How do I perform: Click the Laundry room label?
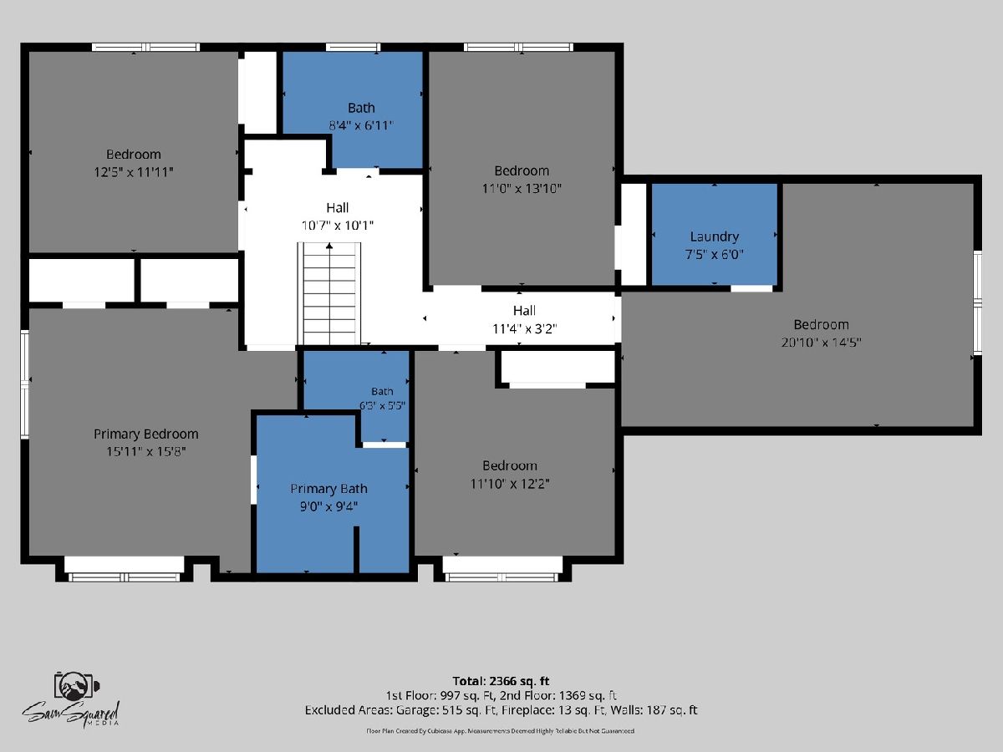(714, 236)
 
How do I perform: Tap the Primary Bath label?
(328, 489)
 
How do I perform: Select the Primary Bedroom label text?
(145, 434)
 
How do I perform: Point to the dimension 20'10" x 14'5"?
(821, 342)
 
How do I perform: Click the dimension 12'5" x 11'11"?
(134, 172)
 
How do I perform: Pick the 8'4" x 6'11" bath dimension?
(361, 125)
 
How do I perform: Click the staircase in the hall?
(329, 293)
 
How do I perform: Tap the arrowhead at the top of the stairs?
(329, 246)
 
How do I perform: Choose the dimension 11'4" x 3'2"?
(524, 328)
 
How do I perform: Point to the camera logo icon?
(76, 685)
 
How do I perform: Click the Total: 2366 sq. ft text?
(501, 681)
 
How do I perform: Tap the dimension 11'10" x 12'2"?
(510, 484)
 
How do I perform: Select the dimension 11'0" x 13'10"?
(522, 188)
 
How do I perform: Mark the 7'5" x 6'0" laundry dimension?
(714, 254)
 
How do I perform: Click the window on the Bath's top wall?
(353, 47)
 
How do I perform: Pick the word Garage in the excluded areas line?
(415, 710)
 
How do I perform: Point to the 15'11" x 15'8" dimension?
(145, 451)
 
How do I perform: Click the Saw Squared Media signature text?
(71, 713)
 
